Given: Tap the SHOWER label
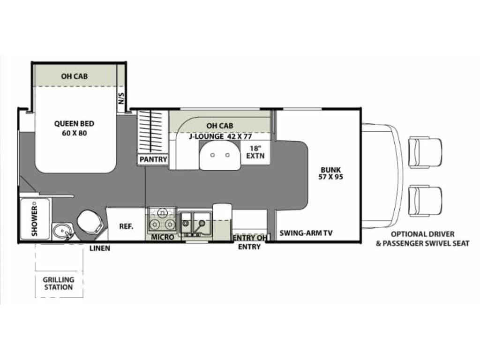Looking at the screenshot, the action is click(35, 220).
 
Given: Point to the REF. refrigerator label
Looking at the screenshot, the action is click(126, 226).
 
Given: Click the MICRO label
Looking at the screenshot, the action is click(163, 237).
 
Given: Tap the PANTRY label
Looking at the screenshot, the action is click(153, 159).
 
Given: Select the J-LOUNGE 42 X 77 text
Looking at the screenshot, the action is click(220, 136).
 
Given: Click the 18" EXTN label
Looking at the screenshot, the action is click(255, 152).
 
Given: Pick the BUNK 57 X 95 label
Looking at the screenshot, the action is click(330, 173).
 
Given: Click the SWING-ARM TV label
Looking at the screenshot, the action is click(306, 233).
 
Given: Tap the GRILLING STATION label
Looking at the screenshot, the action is click(59, 284).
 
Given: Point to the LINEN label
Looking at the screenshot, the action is click(100, 248).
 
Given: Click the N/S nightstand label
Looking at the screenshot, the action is click(121, 98).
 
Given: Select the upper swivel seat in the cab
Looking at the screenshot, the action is click(426, 152).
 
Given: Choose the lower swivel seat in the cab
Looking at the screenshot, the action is click(426, 201).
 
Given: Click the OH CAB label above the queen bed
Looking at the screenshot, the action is click(75, 76).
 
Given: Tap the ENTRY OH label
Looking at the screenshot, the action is click(250, 238).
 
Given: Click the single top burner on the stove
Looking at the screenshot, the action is click(162, 212).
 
